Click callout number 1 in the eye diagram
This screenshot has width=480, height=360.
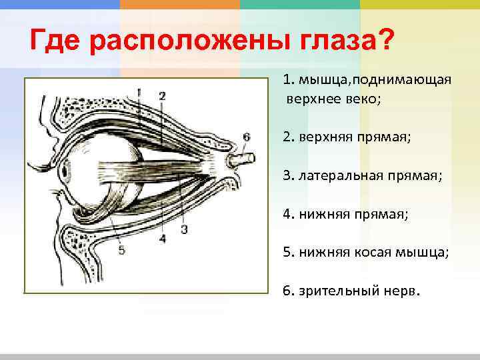point(139,91)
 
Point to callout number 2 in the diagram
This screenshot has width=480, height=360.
point(162,95)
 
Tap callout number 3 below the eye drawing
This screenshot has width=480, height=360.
point(184,229)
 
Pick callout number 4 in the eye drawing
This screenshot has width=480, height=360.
point(163,237)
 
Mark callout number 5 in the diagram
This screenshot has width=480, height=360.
point(121,251)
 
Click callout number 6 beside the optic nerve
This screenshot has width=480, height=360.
point(246,137)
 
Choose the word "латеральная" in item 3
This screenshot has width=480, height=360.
point(335,175)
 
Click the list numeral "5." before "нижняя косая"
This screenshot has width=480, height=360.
point(288,253)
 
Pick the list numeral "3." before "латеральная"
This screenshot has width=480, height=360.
point(288,175)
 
